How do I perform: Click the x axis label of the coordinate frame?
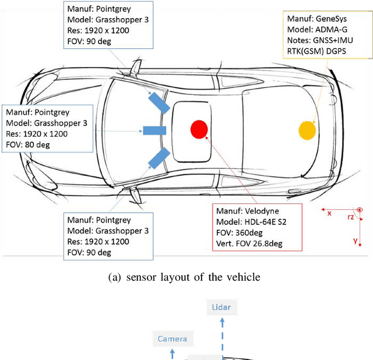(x=329, y=213)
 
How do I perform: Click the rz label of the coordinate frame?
(x=350, y=218)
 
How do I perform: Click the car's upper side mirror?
(x=135, y=69)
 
